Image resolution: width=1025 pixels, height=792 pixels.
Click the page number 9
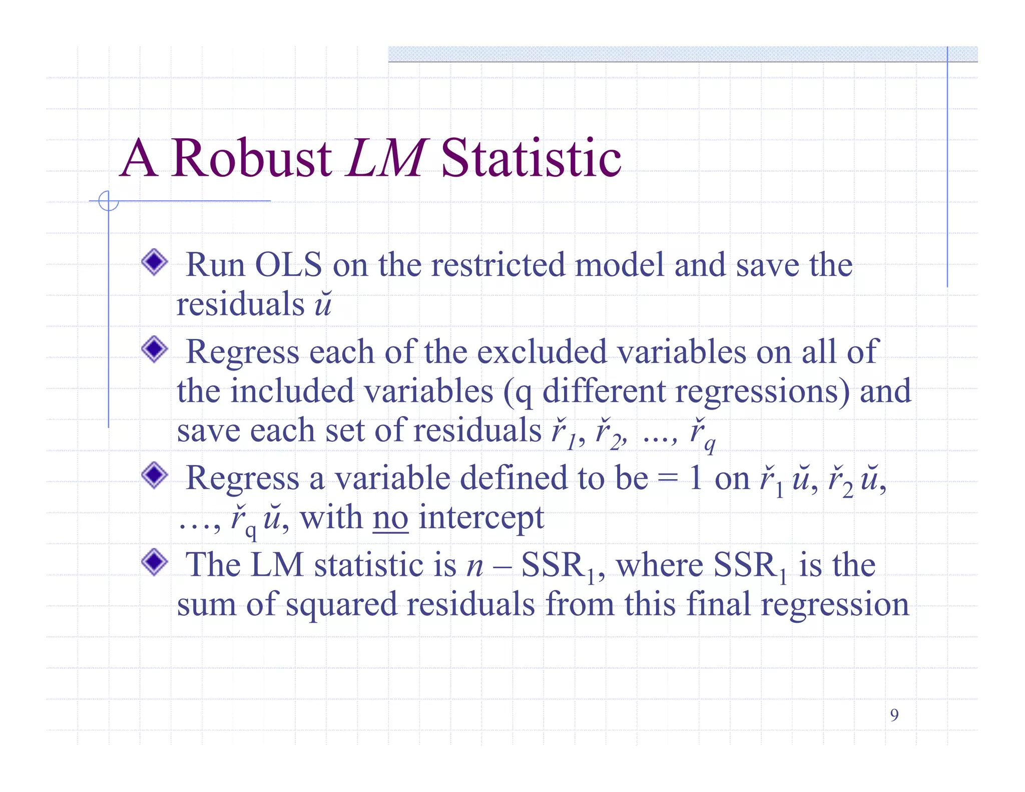tap(894, 715)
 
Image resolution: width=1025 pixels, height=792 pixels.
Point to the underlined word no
tap(390, 518)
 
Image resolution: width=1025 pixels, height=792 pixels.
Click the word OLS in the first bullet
tap(288, 265)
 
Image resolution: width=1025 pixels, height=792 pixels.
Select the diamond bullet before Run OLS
tap(154, 262)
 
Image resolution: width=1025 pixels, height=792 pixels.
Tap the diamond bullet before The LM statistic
tap(154, 562)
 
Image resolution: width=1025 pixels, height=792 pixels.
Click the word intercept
tap(481, 518)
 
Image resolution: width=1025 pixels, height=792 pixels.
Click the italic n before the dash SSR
tap(474, 566)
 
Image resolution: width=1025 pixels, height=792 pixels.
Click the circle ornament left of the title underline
tap(108, 201)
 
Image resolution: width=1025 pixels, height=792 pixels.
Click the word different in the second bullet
tap(603, 391)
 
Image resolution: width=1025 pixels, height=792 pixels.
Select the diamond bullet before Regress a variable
tap(154, 475)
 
